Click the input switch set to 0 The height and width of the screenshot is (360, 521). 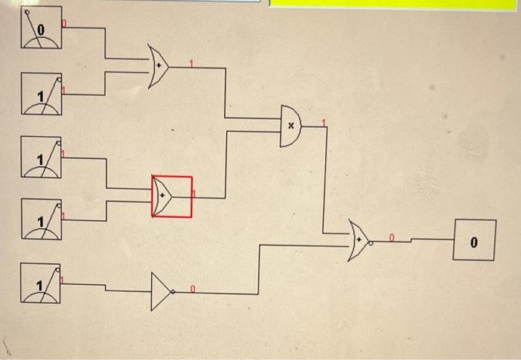click(41, 28)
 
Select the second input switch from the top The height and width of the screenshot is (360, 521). click(41, 94)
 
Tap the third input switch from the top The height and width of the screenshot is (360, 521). click(41, 156)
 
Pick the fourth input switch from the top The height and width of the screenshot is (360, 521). click(41, 219)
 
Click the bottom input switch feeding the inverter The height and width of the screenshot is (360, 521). click(41, 283)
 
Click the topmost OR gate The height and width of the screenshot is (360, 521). click(158, 67)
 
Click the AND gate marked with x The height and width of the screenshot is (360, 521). click(290, 125)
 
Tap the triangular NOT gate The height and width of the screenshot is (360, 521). click(162, 291)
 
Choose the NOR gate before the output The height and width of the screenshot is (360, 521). click(359, 240)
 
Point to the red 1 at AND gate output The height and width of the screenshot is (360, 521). click(323, 122)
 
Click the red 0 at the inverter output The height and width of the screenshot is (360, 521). click(192, 287)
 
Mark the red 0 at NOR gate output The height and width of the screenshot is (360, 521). click(391, 237)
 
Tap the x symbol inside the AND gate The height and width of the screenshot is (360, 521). click(291, 126)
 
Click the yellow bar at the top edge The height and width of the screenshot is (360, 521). click(394, 4)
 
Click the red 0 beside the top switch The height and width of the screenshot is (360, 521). click(63, 25)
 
